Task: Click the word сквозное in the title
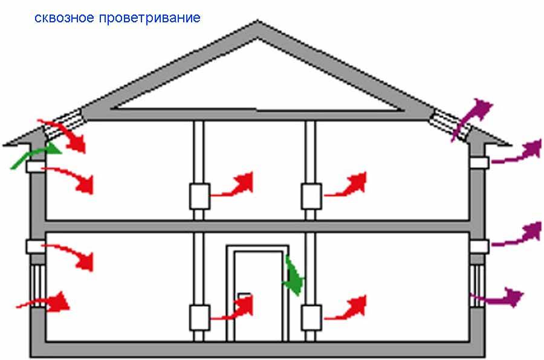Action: click(x=63, y=18)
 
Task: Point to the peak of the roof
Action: click(x=259, y=25)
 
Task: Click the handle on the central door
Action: click(x=245, y=297)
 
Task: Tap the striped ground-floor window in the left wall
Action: click(x=37, y=284)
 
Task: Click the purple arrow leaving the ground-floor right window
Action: click(x=499, y=298)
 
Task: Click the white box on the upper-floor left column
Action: click(x=199, y=195)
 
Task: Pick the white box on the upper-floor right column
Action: click(x=311, y=195)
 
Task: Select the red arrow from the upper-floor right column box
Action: click(x=348, y=185)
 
